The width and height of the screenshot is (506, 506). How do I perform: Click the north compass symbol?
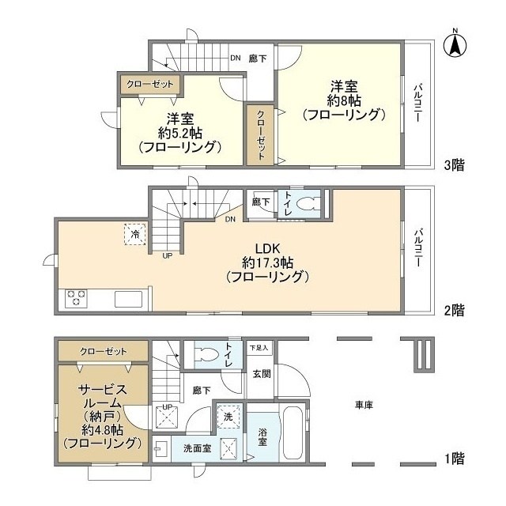(456, 43)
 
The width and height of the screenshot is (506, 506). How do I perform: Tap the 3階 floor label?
(454, 165)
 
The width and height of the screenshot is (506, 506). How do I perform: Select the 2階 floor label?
(454, 311)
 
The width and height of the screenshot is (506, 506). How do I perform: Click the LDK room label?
(265, 245)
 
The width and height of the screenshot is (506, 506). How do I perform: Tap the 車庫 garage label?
(364, 405)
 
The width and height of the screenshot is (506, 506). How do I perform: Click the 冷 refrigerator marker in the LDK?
(134, 234)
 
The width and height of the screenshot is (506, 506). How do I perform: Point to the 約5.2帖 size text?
(178, 133)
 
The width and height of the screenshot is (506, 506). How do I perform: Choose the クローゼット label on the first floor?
(104, 351)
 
